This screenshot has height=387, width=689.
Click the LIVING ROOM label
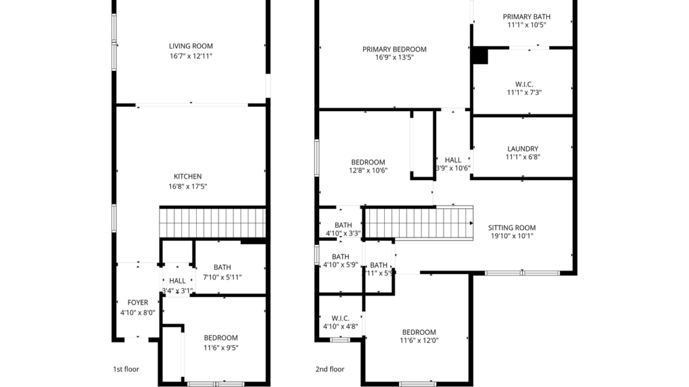point(191,46)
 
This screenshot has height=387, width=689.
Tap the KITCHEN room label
point(187,176)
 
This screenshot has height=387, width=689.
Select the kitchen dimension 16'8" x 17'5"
point(187,186)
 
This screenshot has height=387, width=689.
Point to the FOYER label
point(138,303)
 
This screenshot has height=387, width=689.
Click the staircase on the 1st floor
point(212,222)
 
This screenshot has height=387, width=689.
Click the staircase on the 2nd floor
point(417,223)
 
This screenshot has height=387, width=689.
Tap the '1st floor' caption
point(125,369)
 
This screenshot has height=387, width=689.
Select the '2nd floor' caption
point(330,369)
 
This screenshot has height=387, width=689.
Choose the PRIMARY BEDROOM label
point(394,49)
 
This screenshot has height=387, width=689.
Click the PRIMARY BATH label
point(526,17)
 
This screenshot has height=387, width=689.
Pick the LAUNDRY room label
point(522,149)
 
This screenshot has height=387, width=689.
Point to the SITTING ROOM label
point(511,227)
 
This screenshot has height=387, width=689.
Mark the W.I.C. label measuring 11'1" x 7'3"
point(524,84)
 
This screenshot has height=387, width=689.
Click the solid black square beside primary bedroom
point(479,55)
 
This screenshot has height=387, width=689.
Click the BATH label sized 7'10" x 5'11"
point(222,268)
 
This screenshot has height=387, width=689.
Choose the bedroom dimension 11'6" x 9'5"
point(220,348)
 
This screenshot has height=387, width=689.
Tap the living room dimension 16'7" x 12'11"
point(191,56)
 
